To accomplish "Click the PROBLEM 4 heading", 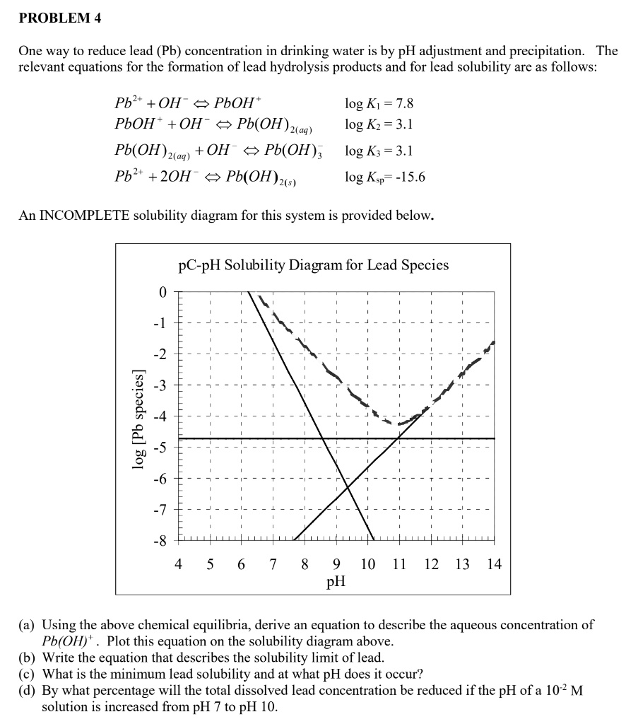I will [x=59, y=19].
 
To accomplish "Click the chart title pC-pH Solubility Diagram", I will [x=313, y=265].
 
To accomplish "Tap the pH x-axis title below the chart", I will [x=336, y=583].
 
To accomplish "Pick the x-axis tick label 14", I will [x=493, y=564].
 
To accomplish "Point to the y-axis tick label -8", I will [x=160, y=540].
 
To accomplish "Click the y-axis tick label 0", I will [x=163, y=291].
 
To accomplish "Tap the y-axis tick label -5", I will [x=160, y=447].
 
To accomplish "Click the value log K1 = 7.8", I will [x=379, y=104].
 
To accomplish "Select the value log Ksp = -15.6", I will [x=385, y=177].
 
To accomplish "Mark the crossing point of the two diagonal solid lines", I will [x=348, y=487].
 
